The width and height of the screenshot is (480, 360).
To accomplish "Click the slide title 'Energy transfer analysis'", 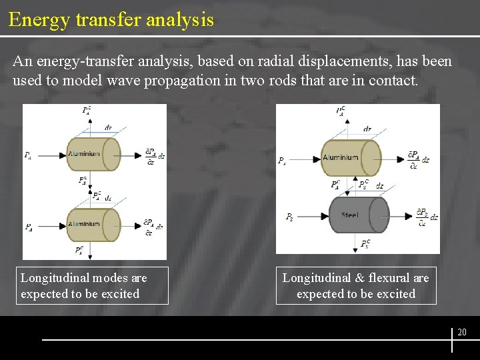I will (111, 19).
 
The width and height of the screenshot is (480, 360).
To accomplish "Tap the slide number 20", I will (462, 332).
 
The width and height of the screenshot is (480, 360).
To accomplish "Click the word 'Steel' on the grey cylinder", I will (349, 215).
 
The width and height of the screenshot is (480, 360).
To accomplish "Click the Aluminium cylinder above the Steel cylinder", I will (351, 158).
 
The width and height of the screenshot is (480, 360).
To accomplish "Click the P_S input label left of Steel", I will (289, 217).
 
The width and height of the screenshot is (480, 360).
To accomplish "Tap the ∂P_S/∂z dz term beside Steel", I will (426, 217).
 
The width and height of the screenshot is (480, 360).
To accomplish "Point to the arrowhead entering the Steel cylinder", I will (327, 216).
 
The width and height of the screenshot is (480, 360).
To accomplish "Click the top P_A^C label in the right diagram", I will (341, 111).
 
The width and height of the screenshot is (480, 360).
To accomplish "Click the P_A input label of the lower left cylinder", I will (29, 227).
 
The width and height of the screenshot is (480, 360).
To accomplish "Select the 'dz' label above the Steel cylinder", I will (379, 186).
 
